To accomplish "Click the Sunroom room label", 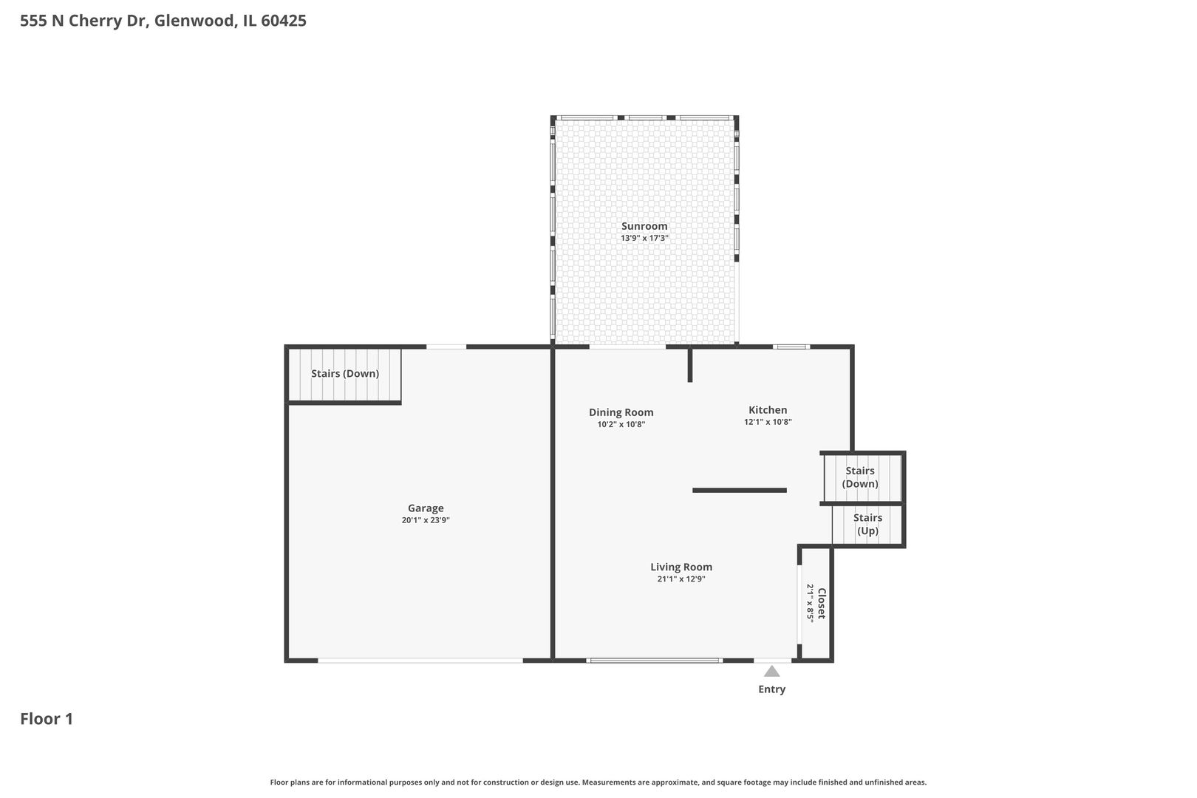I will (x=644, y=226).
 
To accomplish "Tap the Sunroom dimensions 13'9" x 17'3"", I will (x=644, y=239).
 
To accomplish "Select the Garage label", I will (x=426, y=508).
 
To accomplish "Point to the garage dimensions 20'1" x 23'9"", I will (x=426, y=520).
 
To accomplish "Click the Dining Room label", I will (x=621, y=412).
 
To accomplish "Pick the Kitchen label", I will (x=768, y=409).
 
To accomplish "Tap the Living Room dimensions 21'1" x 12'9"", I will (x=681, y=579).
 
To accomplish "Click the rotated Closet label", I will (x=821, y=604).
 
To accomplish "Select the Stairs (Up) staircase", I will (x=867, y=525).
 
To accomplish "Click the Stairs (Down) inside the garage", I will (x=344, y=374).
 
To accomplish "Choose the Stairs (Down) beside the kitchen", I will (x=860, y=477).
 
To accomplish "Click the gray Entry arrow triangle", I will (x=771, y=672).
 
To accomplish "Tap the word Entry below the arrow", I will (x=771, y=689).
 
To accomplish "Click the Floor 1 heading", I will (x=47, y=719).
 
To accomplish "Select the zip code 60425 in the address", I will (x=284, y=21).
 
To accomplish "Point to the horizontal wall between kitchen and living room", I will (x=739, y=490).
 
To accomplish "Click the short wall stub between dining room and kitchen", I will (x=690, y=365).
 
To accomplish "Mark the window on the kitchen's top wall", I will (x=791, y=347).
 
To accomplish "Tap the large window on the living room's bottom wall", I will (x=654, y=660).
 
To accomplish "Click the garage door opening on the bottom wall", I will (x=420, y=660).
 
